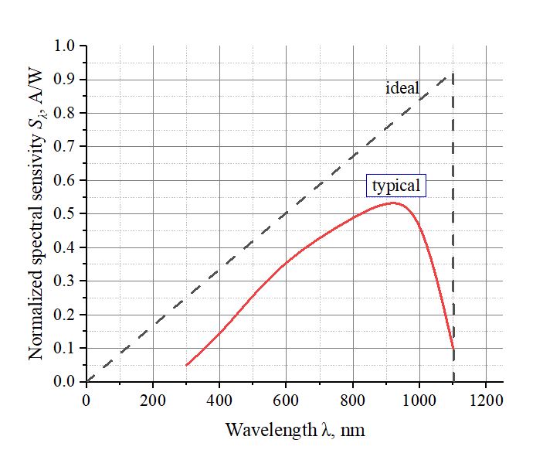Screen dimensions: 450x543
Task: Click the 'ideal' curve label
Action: click(x=402, y=88)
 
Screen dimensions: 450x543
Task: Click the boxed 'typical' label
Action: click(x=396, y=186)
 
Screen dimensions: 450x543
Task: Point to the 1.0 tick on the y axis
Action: click(x=65, y=46)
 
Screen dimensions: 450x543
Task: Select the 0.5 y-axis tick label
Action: click(x=65, y=213)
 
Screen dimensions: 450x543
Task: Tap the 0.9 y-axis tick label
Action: click(x=65, y=80)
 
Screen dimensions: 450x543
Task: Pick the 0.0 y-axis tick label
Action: click(x=65, y=381)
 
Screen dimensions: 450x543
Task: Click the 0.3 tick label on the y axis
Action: click(x=65, y=281)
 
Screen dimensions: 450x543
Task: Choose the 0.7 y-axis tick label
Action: click(x=65, y=147)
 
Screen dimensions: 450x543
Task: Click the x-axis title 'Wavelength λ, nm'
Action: click(x=294, y=429)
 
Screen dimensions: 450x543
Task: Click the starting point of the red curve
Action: click(x=186, y=365)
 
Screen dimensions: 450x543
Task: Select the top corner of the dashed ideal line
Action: click(x=453, y=73)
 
